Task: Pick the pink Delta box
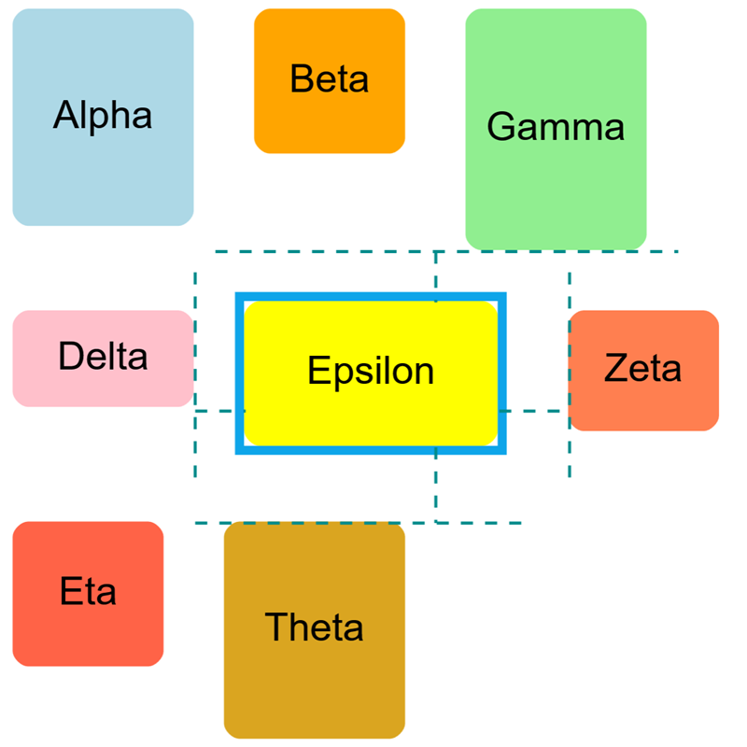103,383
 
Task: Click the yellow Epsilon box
371,411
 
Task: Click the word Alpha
103,117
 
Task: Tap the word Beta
330,79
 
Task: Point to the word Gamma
556,127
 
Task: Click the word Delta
103,357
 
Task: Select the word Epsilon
371,372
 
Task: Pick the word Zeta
643,369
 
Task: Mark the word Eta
89,592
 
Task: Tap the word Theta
315,627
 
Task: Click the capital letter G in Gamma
500,127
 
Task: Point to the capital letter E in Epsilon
317,371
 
